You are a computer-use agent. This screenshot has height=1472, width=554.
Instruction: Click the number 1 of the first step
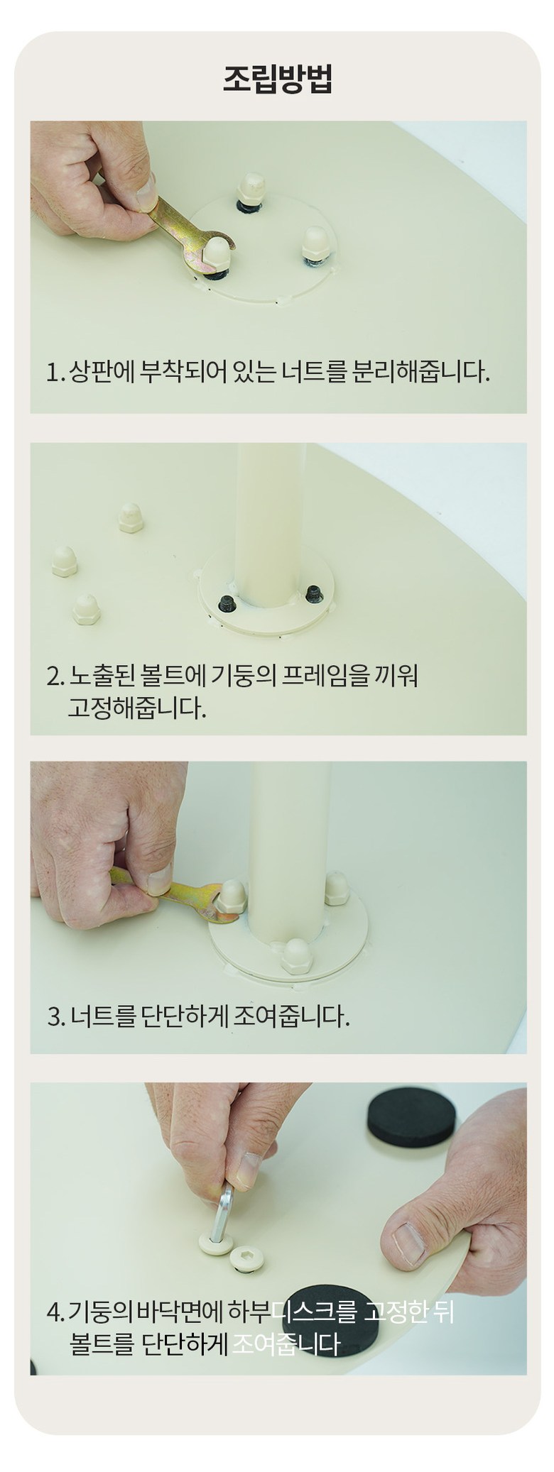click(x=52, y=372)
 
